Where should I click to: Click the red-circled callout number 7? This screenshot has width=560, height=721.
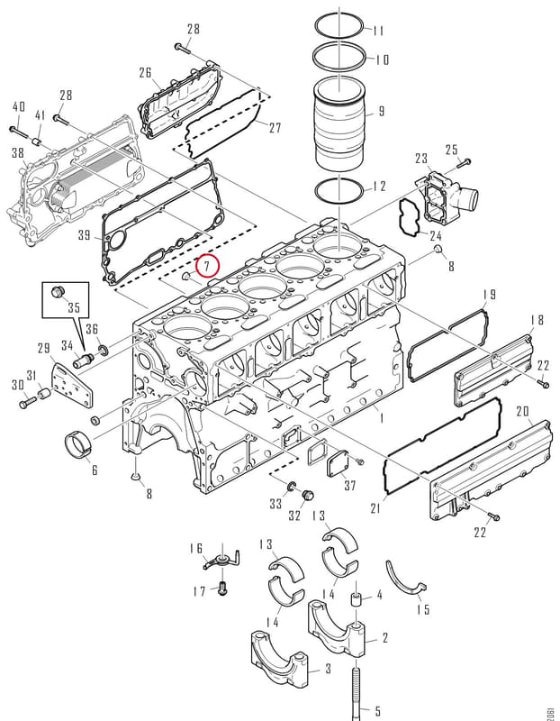(x=207, y=265)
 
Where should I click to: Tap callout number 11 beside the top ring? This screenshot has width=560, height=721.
(x=378, y=31)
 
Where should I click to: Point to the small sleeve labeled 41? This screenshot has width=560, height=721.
(x=38, y=140)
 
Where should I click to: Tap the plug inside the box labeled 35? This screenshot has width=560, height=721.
(x=59, y=292)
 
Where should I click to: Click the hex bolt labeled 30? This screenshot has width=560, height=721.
(x=27, y=403)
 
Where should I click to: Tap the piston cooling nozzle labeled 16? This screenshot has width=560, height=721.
(x=222, y=557)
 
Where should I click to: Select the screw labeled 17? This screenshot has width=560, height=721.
(x=222, y=589)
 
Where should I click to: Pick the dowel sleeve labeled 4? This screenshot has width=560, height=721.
(x=357, y=600)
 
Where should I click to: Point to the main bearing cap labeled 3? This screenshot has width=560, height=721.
(x=280, y=659)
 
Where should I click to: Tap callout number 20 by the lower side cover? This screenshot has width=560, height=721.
(x=522, y=411)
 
